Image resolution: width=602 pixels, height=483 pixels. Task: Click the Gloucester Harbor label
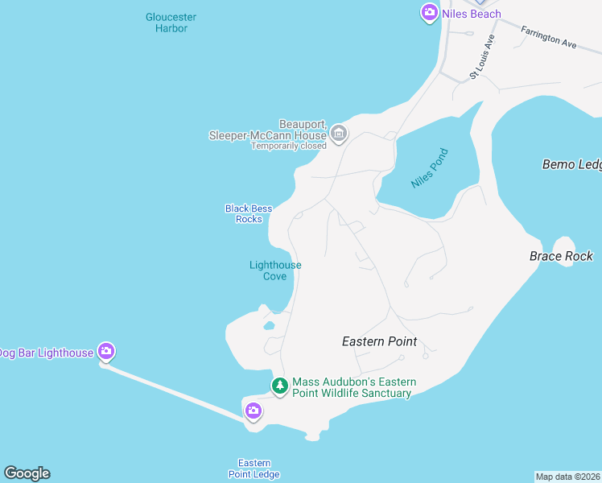point(171,23)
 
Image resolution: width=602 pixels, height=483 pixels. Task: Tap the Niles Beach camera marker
point(429,12)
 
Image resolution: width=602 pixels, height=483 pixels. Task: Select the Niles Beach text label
point(471,14)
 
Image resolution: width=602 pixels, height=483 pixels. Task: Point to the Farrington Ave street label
point(549,38)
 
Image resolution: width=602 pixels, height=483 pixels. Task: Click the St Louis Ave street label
point(482,56)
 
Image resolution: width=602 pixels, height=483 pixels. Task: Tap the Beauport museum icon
point(339,133)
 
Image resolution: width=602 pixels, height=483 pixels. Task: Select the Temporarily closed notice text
point(289,146)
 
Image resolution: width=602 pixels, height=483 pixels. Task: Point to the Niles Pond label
point(428,171)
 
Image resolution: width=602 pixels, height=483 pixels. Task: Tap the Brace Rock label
point(561,256)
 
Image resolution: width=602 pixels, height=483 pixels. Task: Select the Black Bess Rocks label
point(249,213)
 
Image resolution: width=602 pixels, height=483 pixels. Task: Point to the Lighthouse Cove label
point(275,270)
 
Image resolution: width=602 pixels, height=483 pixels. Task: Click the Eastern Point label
point(379,341)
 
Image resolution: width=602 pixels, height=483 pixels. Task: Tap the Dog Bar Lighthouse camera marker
point(105,351)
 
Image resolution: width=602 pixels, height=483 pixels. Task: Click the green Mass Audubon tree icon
point(279,386)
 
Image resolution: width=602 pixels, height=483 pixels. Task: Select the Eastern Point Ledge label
point(254,469)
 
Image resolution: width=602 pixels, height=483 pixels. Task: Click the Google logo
point(27,473)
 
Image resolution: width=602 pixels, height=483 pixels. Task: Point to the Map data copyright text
point(568,477)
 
